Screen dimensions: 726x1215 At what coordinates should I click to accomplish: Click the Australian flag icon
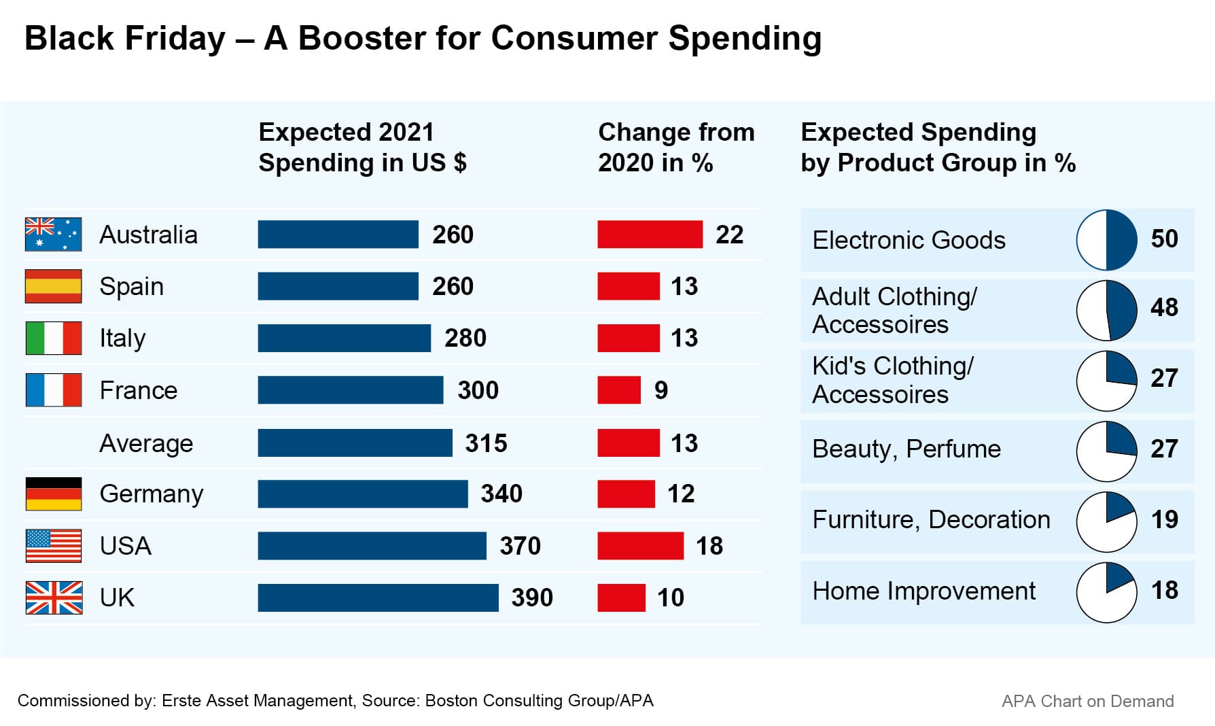pos(53,235)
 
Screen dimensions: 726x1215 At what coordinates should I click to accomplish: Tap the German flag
pos(53,494)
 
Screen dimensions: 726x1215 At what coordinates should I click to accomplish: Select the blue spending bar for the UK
pos(378,598)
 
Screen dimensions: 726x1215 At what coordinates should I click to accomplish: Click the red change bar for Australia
pos(650,235)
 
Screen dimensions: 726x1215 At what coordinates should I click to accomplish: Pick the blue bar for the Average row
pos(355,443)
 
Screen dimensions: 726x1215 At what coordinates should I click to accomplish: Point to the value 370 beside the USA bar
pos(520,546)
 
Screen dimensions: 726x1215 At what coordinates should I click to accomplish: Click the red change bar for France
pos(619,390)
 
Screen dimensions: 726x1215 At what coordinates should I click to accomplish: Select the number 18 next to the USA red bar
pos(709,546)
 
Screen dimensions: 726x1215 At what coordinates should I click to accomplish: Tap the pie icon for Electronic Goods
pos(1106,240)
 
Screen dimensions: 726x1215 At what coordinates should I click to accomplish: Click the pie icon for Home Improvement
pos(1106,592)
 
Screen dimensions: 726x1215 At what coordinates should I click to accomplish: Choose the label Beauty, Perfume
pos(906,449)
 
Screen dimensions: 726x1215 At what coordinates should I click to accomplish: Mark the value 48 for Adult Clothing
pos(1164,307)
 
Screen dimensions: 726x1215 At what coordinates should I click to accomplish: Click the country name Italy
pos(122,338)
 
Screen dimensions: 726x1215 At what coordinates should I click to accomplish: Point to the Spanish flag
pos(53,286)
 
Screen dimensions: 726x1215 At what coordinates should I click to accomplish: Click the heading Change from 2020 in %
pos(675,148)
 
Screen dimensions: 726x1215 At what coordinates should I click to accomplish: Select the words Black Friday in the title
pos(124,38)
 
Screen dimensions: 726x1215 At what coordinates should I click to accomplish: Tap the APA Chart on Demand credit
pos(1087,702)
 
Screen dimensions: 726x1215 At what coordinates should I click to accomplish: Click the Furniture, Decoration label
pos(931,520)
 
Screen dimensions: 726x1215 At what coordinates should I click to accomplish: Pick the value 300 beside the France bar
pos(478,390)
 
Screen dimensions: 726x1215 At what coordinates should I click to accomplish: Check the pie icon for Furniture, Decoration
pos(1106,522)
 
